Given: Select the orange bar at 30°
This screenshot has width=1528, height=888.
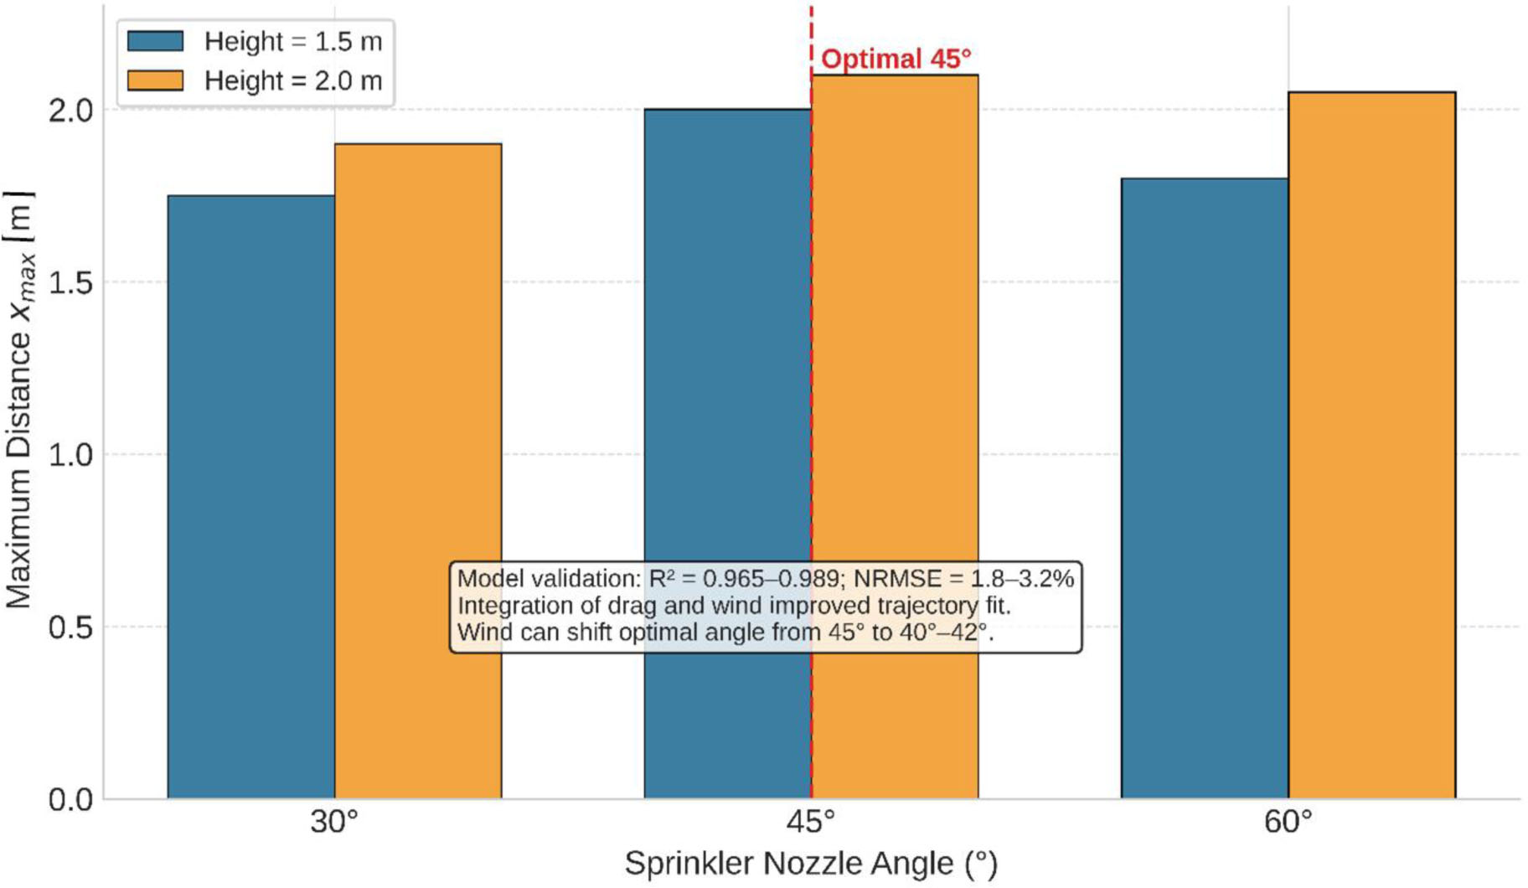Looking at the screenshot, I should [x=418, y=377].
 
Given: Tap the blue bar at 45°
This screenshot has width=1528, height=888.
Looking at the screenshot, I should [x=726, y=335].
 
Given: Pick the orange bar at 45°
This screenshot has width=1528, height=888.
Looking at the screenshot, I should [x=895, y=335].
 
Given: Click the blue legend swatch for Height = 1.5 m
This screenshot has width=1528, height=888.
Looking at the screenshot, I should [x=155, y=41].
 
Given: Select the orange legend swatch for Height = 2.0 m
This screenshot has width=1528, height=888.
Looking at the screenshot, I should [x=155, y=80].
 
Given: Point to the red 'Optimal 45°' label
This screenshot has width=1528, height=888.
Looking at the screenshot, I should [x=896, y=59].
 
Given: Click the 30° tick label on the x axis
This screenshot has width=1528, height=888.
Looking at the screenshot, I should [x=333, y=823].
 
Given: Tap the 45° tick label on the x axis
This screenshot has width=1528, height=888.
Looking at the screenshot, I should [x=810, y=823].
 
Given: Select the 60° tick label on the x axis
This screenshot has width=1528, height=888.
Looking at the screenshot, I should [x=1288, y=823].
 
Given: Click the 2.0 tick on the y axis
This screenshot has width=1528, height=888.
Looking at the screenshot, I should [x=70, y=111].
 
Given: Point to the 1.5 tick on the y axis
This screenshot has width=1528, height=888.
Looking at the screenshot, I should [x=70, y=282].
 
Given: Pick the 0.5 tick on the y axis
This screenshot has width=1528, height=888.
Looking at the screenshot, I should [x=70, y=627].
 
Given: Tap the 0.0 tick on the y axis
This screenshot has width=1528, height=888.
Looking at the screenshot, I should [x=70, y=800].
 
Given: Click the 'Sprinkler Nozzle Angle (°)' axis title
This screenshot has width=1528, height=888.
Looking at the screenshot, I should [x=810, y=864].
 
